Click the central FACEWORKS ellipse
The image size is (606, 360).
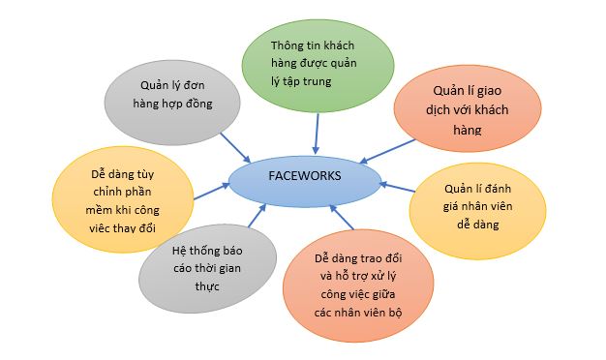[x=302, y=176]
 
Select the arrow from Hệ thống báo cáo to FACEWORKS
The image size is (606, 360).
[x=251, y=216]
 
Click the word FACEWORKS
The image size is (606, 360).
[x=302, y=176]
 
